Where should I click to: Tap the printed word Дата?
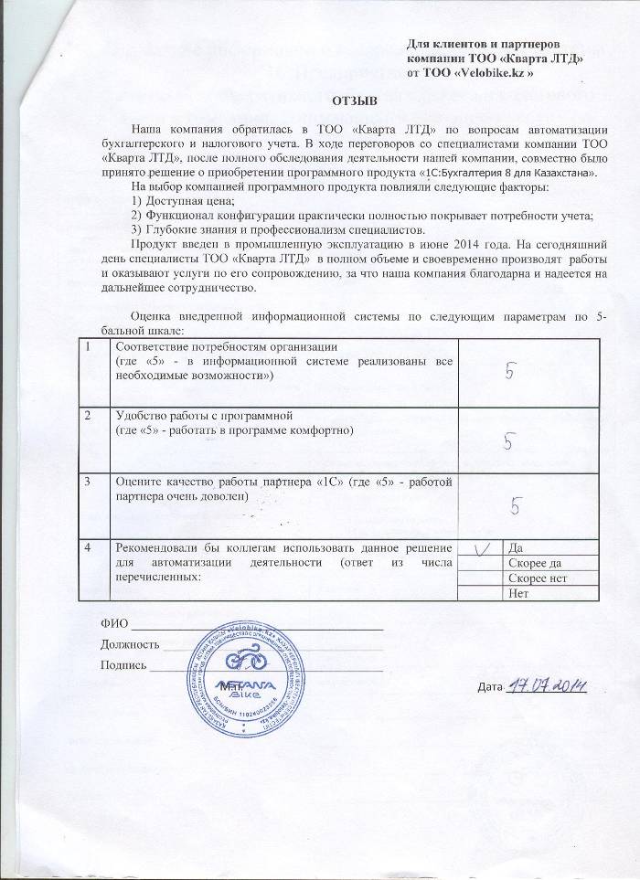pyautogui.click(x=491, y=687)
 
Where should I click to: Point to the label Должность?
pyautogui.click(x=129, y=644)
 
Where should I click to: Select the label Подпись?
pyautogui.click(x=123, y=664)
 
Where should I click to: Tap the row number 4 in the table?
pyautogui.click(x=88, y=547)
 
